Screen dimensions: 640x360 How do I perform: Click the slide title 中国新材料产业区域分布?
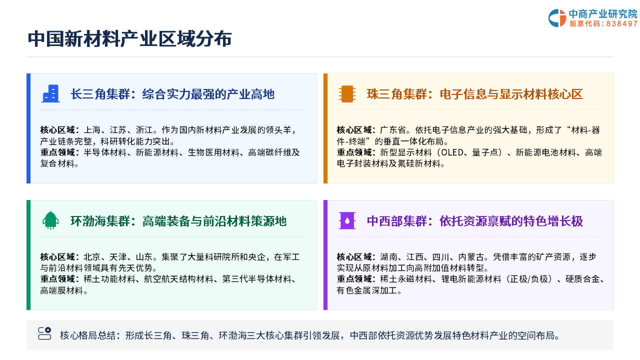point(129,39)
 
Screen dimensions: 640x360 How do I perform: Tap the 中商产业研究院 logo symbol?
point(557,18)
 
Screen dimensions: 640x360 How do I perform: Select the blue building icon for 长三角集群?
point(50,93)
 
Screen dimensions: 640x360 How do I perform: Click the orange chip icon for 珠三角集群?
point(347,93)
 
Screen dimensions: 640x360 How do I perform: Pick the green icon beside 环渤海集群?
point(50,220)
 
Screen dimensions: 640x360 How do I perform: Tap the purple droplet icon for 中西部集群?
point(347,220)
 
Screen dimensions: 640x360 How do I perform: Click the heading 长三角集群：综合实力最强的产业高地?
point(172,94)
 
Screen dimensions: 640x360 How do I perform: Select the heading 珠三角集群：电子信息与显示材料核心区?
point(475,94)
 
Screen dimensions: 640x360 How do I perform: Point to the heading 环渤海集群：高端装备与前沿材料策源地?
point(178,221)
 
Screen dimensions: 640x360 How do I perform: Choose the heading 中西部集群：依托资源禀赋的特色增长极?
point(475,221)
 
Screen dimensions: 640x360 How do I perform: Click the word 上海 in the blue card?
point(92,130)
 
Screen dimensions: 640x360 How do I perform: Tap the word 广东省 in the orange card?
point(393,130)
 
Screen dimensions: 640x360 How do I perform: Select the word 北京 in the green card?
point(92,257)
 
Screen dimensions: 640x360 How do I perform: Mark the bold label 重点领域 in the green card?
point(57,279)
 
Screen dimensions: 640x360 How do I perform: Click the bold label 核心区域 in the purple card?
point(354,257)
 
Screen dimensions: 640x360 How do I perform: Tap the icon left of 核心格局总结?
point(44,333)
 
